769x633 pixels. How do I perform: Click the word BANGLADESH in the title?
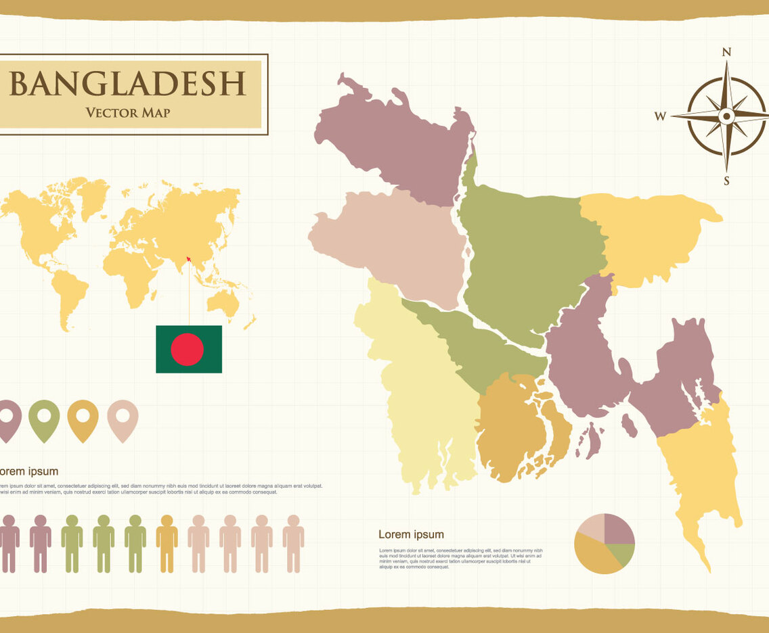pos(127,83)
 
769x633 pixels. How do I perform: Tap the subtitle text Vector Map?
pos(128,112)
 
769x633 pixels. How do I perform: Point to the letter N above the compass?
pos(726,52)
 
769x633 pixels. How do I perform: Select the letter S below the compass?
pos(726,181)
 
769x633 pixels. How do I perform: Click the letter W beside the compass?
pos(660,116)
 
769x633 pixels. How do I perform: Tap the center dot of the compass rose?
pos(726,116)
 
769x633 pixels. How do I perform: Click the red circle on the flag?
pos(188,349)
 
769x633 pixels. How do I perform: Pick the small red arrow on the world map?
pos(188,258)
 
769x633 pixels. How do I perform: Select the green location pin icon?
pos(44,419)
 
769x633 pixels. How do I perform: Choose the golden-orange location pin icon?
pos(83,419)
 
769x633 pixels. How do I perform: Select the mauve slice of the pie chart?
pos(617,530)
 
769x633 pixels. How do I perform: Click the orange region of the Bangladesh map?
pos(511,426)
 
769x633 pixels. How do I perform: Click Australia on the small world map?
pos(223,302)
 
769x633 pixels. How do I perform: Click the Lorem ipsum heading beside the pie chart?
pos(411,535)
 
